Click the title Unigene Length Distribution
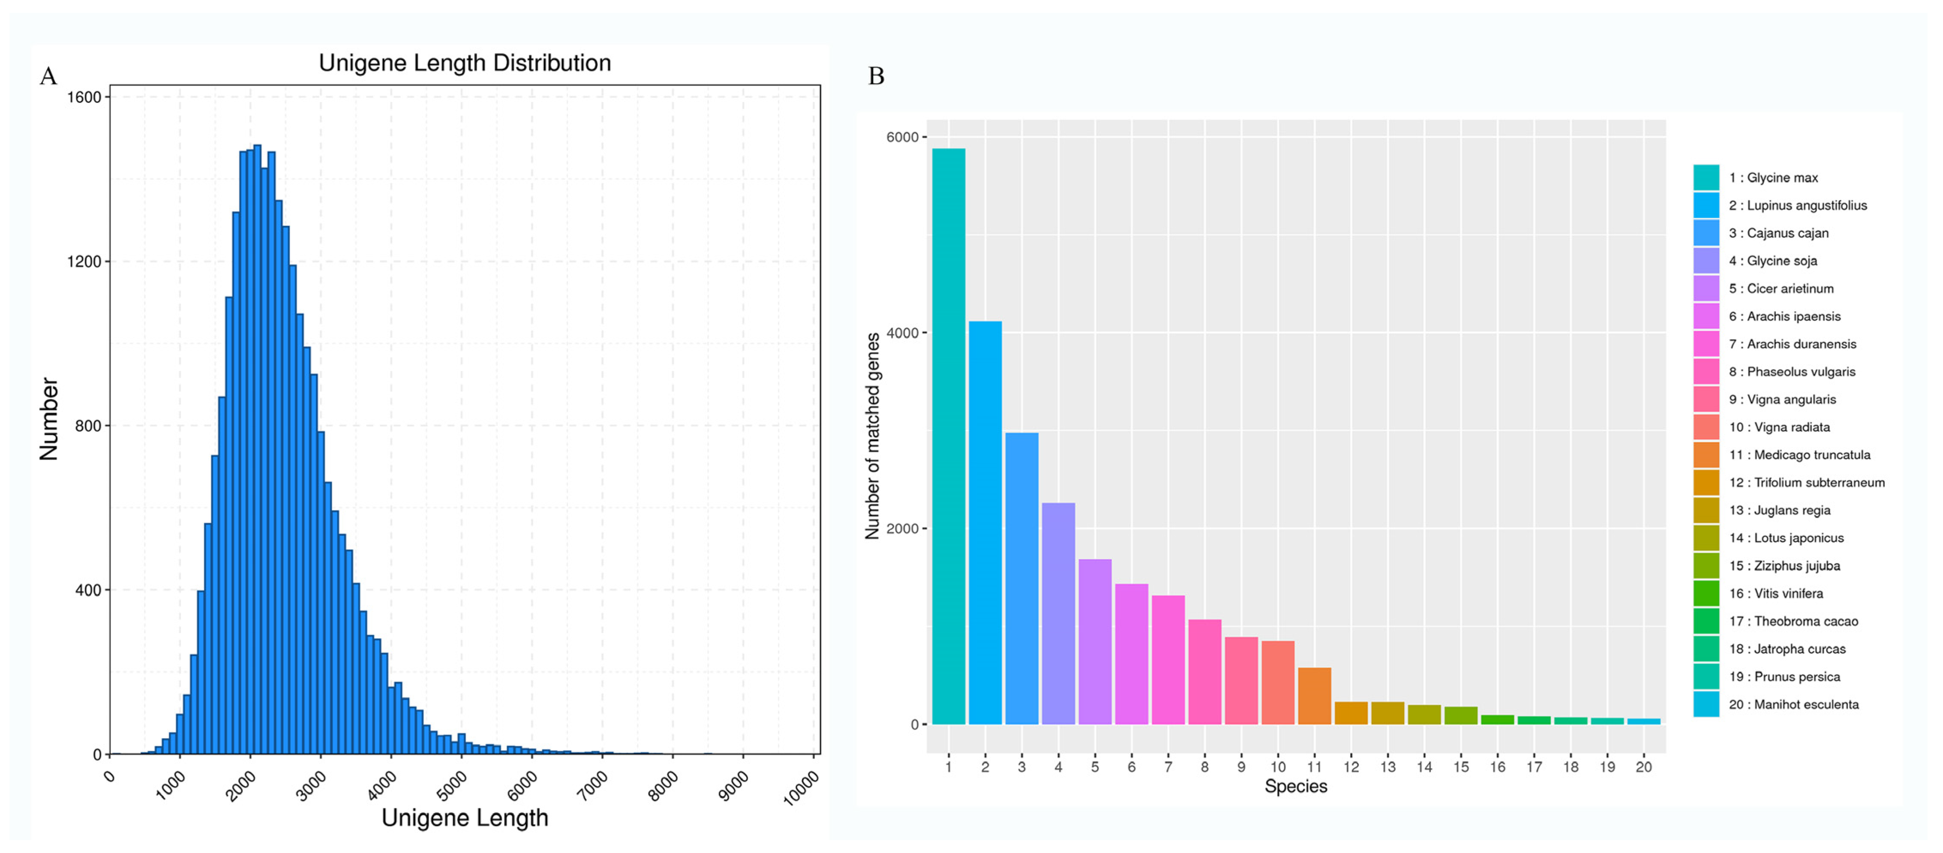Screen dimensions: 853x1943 [x=465, y=63]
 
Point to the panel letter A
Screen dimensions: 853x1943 [x=48, y=76]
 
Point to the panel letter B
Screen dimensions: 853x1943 [x=876, y=76]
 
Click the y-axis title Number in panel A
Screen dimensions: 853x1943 [x=49, y=419]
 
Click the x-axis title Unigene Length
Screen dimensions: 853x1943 [x=465, y=817]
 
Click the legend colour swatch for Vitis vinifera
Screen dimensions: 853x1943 [x=1706, y=594]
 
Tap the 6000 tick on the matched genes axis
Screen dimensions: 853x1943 [x=902, y=137]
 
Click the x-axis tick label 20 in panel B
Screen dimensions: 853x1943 [x=1643, y=767]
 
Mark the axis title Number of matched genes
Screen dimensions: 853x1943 [x=873, y=436]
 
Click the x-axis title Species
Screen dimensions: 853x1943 [x=1295, y=787]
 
